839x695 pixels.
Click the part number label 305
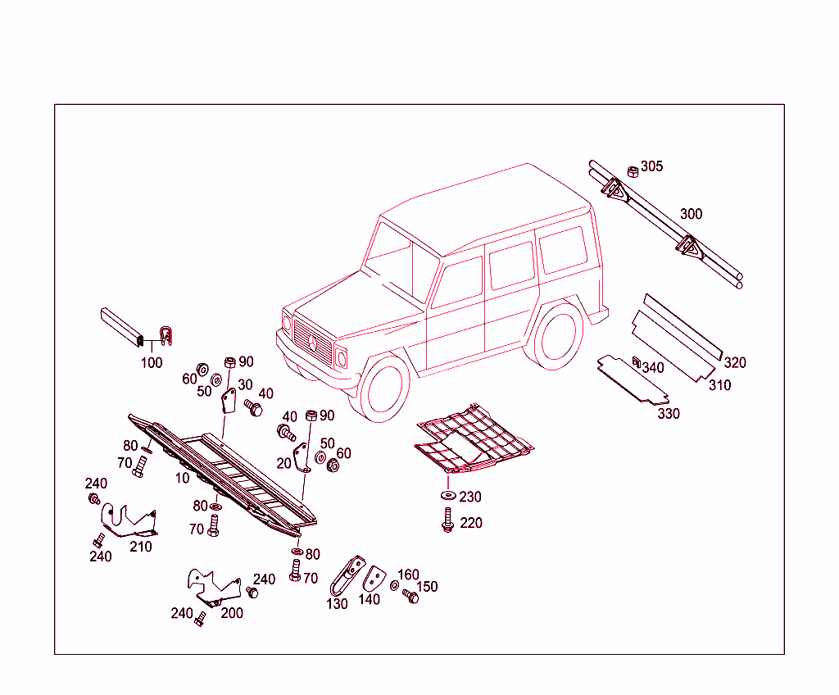(651, 166)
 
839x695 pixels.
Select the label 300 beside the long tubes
(691, 214)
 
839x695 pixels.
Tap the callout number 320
(735, 363)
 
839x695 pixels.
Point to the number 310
(719, 385)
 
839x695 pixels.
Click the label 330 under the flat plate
(669, 414)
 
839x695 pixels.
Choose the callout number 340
(653, 368)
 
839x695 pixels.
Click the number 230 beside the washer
(469, 497)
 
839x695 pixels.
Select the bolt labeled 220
(448, 520)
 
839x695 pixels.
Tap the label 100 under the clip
(152, 363)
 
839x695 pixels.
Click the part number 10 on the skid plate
(183, 478)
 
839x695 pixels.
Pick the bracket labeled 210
(129, 520)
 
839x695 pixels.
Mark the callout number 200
(232, 613)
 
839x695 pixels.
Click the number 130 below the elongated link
(337, 604)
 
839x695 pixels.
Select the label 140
(370, 599)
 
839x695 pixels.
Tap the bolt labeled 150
(410, 596)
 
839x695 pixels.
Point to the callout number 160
(408, 575)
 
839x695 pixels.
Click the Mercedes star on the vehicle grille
(313, 343)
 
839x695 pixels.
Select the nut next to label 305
(633, 171)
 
